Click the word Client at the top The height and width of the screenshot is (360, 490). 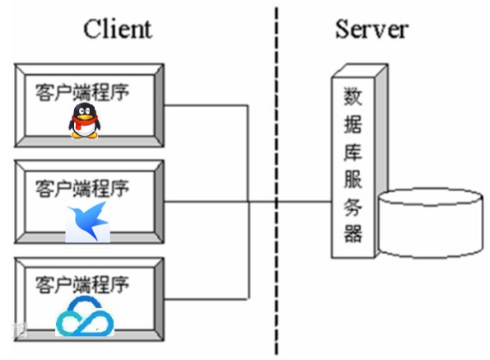tap(118, 29)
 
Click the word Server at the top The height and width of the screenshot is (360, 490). tap(371, 29)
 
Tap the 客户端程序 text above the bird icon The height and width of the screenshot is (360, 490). tap(82, 188)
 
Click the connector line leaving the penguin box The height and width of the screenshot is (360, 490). tap(206, 105)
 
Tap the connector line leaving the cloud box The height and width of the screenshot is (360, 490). tap(206, 298)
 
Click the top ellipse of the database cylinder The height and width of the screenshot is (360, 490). tap(431, 200)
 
